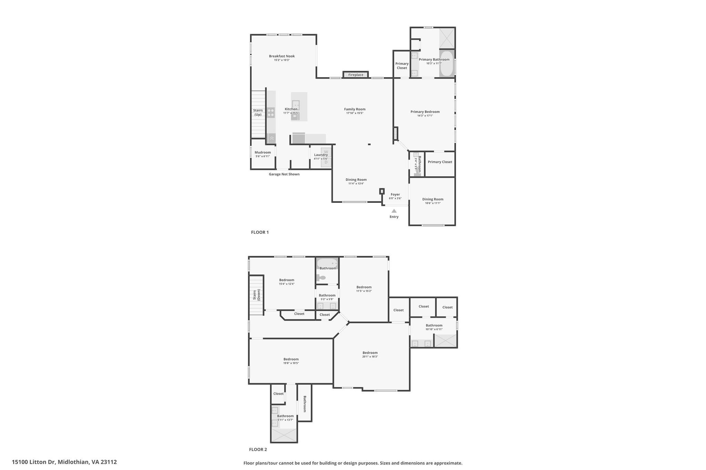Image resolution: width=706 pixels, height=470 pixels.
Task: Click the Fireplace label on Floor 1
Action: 355,75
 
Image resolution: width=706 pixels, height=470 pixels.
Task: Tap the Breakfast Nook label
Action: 282,56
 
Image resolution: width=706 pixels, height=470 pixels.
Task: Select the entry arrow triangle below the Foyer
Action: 394,211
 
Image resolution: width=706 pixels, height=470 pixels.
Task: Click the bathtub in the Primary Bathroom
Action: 446,64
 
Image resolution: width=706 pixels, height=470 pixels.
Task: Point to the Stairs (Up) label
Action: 258,112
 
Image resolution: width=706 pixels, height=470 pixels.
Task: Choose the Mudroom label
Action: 263,153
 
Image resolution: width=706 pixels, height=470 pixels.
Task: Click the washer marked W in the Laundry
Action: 326,152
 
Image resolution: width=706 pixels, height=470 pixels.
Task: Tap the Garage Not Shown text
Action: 284,174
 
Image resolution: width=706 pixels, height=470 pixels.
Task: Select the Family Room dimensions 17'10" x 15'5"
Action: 355,113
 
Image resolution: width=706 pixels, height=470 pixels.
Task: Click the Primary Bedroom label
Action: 425,112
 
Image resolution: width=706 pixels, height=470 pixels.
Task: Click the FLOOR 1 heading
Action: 260,232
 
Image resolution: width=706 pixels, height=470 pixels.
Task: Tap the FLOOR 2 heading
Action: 258,449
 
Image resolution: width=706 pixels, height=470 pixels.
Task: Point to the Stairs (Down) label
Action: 256,295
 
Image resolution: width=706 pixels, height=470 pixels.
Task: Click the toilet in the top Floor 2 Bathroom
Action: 321,278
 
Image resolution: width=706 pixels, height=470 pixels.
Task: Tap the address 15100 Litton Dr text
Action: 64,462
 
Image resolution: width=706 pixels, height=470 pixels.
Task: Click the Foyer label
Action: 395,195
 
